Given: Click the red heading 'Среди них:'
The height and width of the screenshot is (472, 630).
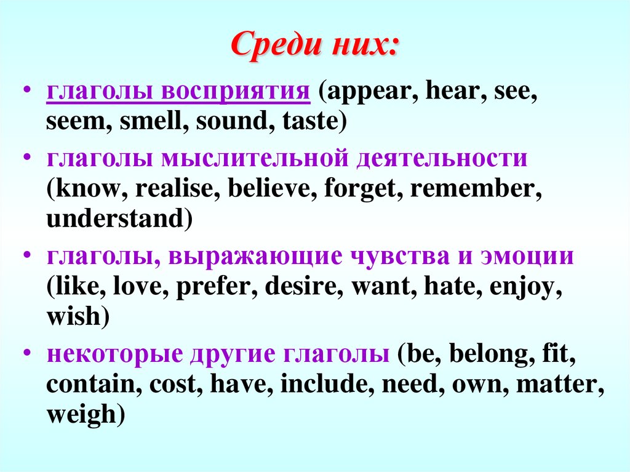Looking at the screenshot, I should coord(314,47).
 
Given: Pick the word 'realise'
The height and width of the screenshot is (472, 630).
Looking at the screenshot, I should coord(173,188).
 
